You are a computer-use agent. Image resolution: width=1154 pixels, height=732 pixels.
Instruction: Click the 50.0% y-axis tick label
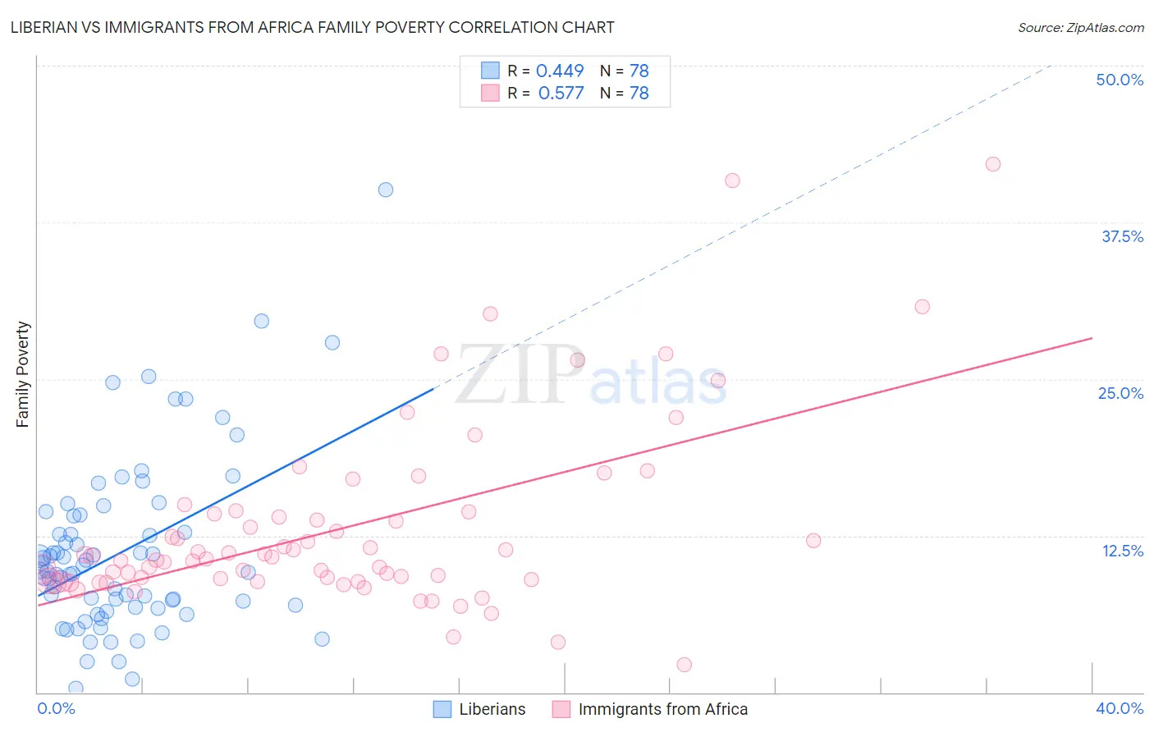1120,80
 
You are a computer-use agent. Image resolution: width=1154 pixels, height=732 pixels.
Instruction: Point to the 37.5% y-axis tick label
1122,236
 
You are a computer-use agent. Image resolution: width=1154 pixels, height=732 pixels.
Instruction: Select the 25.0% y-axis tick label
1120,393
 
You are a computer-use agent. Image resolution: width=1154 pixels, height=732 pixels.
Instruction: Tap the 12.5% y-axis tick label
1122,551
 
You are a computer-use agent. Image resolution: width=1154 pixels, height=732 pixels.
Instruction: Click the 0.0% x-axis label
56,708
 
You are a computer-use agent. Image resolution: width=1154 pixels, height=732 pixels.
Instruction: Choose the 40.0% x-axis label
1119,708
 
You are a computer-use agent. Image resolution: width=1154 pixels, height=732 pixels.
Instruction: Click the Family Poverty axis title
23,374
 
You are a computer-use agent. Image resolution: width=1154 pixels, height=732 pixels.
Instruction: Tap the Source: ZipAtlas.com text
1080,27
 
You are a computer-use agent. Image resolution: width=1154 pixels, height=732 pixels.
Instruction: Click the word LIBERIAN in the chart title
48,27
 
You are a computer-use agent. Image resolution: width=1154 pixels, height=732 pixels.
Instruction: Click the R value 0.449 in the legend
560,71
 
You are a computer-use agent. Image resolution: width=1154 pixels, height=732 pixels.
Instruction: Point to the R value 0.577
561,94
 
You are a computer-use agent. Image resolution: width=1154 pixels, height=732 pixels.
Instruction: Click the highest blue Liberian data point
386,190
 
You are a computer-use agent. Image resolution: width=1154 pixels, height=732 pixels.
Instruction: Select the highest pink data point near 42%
993,164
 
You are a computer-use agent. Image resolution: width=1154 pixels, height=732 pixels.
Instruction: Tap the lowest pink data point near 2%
685,665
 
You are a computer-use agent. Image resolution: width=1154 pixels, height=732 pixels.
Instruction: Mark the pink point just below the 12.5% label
813,540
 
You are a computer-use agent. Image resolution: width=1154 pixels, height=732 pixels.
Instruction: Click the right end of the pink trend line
1092,338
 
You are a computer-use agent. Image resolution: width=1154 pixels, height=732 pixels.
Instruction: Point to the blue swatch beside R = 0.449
490,71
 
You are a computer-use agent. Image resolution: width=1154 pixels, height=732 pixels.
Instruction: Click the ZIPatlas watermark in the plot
591,375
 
